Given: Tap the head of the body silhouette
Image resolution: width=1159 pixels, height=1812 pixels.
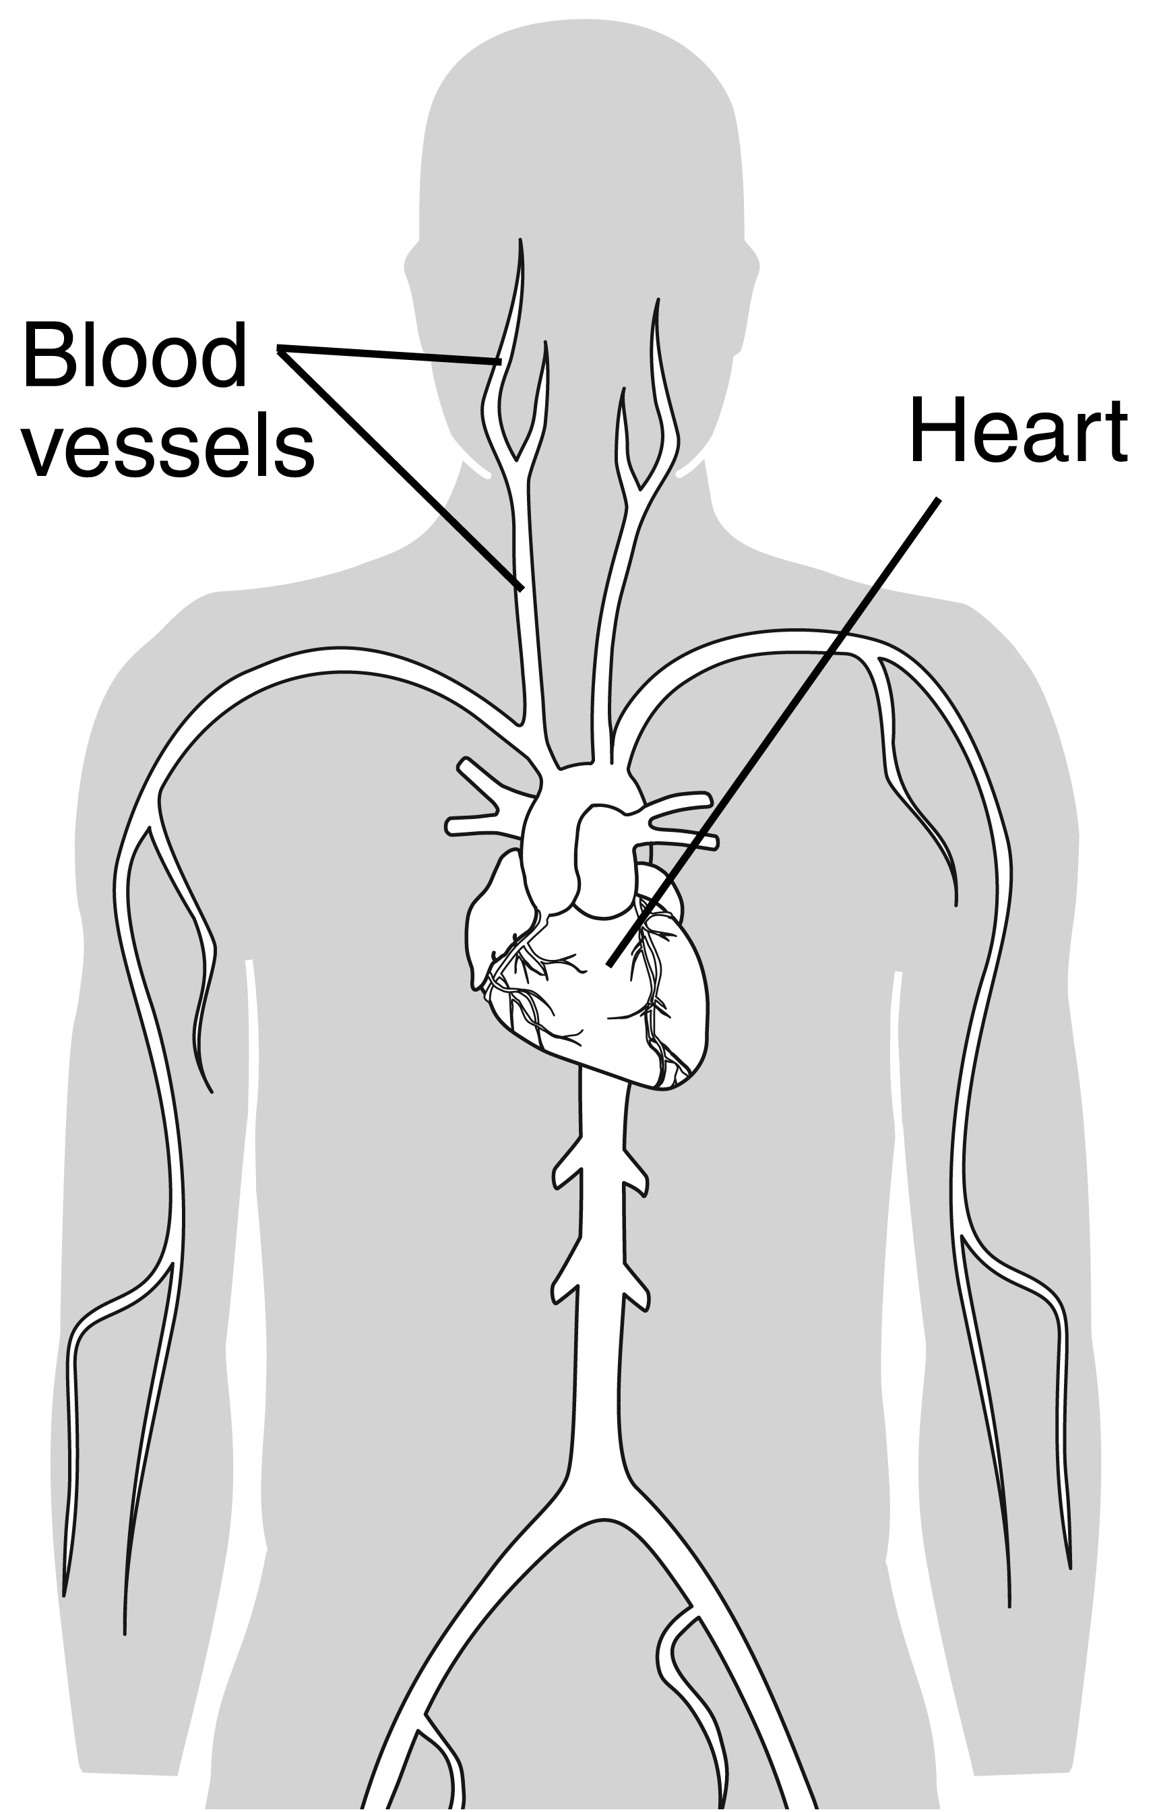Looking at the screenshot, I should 579,150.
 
